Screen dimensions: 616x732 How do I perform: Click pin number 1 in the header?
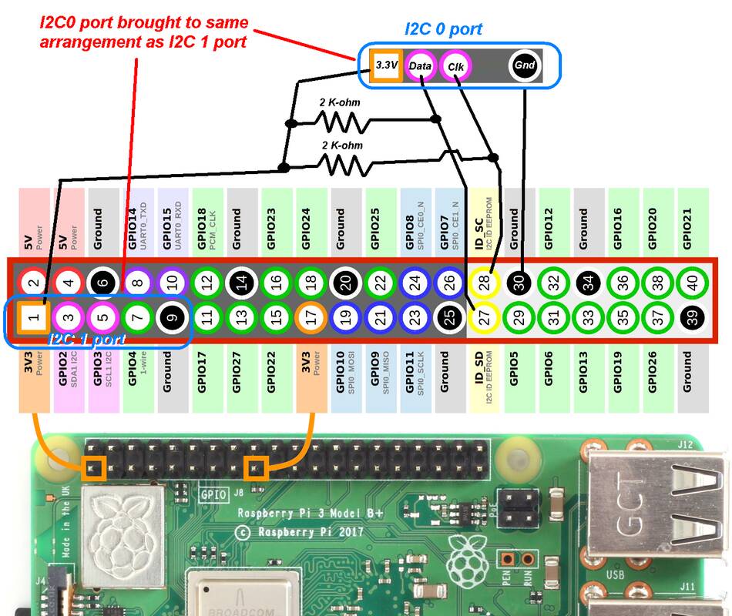pos(32,316)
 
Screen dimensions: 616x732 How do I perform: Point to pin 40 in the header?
pos(693,283)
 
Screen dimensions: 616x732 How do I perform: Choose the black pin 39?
pos(693,316)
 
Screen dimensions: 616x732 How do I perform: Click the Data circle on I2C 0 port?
pos(421,66)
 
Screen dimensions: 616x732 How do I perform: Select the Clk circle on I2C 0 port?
pos(455,66)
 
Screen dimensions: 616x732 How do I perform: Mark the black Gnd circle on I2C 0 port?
pos(525,66)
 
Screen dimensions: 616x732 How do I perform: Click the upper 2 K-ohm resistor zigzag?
pos(340,122)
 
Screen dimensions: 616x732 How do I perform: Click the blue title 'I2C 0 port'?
pos(444,30)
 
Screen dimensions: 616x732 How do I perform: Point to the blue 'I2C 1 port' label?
pos(87,338)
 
